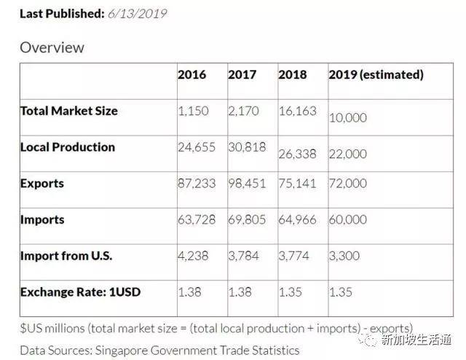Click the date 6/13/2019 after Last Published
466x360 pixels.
pyautogui.click(x=137, y=14)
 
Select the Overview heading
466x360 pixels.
pyautogui.click(x=52, y=47)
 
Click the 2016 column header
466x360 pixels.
pyautogui.click(x=191, y=74)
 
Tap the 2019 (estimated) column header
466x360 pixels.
pyautogui.click(x=376, y=74)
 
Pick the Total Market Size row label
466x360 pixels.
pyautogui.click(x=68, y=111)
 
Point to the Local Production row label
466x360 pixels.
pyautogui.click(x=67, y=146)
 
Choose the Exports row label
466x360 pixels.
pyautogui.click(x=42, y=183)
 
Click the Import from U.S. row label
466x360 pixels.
pyautogui.click(x=66, y=255)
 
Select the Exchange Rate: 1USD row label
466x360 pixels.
pyautogui.click(x=80, y=291)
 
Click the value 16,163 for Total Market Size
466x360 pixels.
pyautogui.click(x=297, y=111)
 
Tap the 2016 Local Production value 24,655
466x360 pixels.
pyautogui.click(x=197, y=146)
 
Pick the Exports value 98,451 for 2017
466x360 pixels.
pyautogui.click(x=247, y=183)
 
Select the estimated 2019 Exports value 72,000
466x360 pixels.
pyautogui.click(x=348, y=183)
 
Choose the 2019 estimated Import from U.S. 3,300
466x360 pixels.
pyautogui.click(x=344, y=255)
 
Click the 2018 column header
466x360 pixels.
pyautogui.click(x=293, y=74)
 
